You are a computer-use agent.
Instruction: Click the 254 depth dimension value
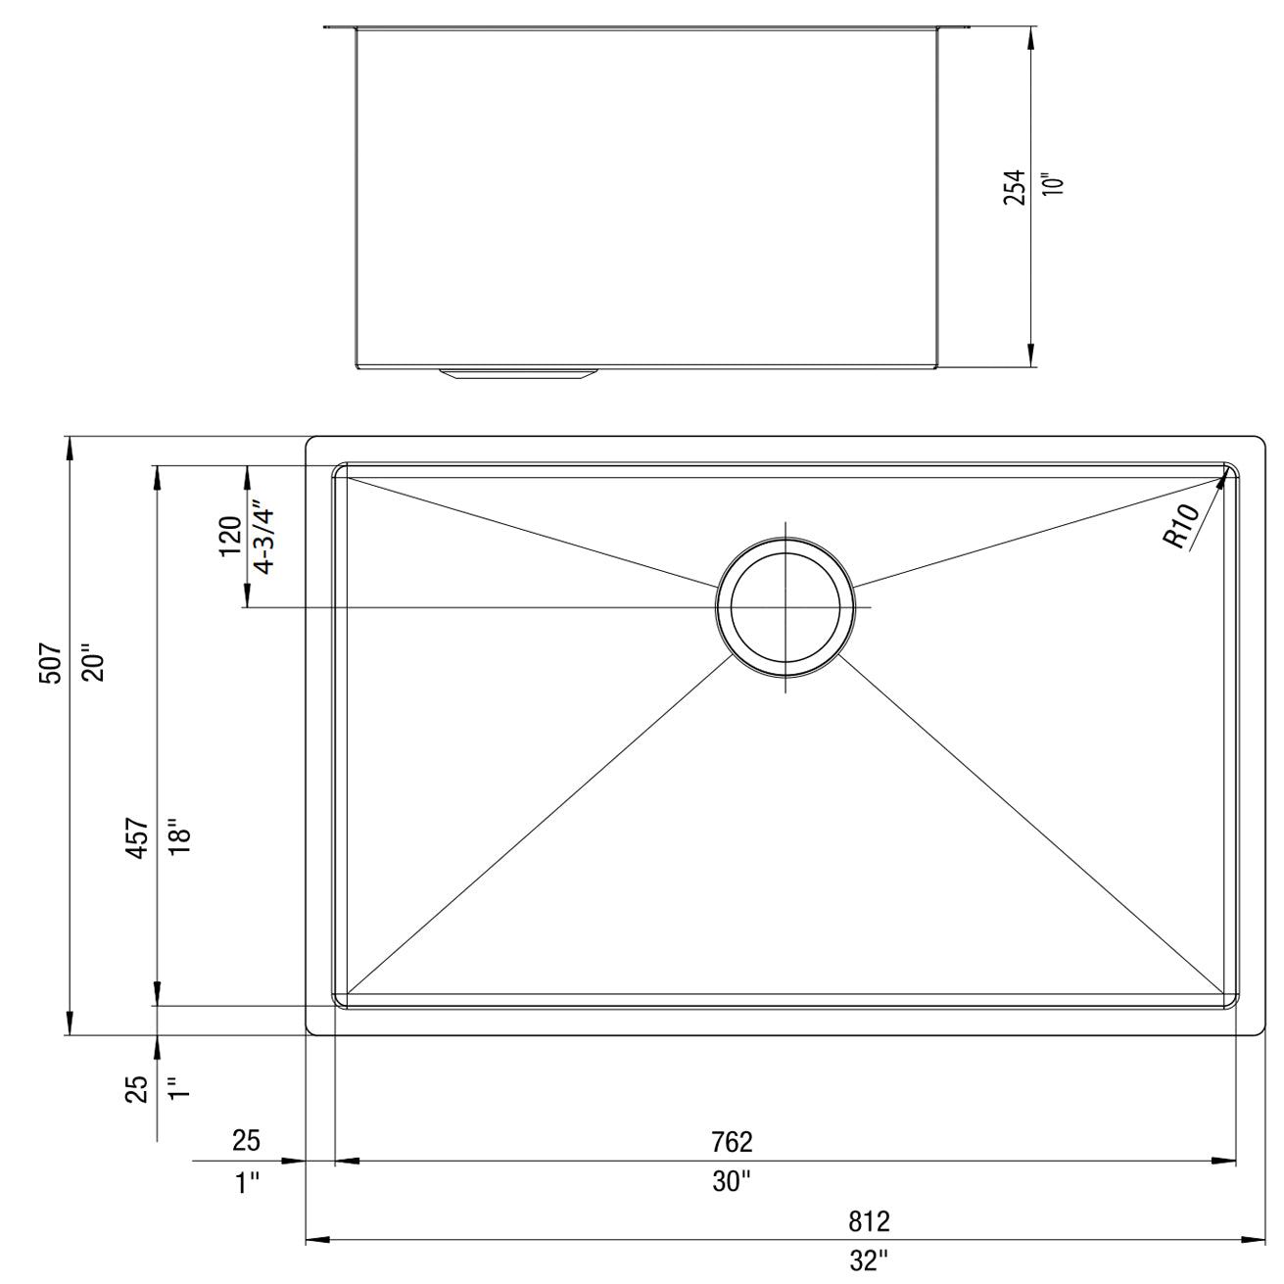tap(1016, 186)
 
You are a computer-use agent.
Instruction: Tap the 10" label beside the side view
tap(1053, 186)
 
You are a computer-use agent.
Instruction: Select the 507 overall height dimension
tap(52, 663)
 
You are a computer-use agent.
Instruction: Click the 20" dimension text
tap(92, 663)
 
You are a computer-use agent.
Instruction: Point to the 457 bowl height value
tap(139, 838)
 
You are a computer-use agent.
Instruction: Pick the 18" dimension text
tap(178, 838)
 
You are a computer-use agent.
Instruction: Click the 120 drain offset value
tap(230, 535)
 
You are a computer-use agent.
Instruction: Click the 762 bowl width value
tap(733, 1141)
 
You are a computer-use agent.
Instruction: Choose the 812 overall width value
tap(869, 1221)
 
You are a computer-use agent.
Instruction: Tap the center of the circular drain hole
tap(785, 608)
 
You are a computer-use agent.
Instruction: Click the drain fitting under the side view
tap(518, 374)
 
